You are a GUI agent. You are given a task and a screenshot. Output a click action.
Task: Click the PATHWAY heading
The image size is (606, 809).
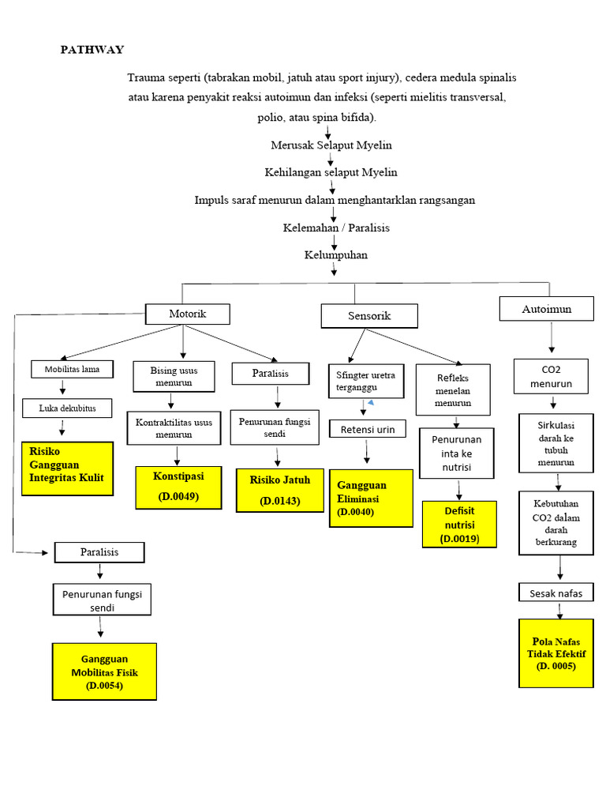(92, 50)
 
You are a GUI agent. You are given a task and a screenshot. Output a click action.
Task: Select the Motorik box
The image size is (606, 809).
(187, 314)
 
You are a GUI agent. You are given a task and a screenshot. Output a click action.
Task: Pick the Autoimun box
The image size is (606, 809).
(546, 309)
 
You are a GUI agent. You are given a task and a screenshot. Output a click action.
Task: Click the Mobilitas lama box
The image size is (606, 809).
(71, 369)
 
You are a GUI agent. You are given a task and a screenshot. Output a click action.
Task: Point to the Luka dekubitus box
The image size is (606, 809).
(66, 408)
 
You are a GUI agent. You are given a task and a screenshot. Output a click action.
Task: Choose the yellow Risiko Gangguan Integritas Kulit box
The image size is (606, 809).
(67, 468)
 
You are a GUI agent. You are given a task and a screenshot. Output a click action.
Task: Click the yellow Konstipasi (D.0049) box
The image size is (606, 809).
(177, 487)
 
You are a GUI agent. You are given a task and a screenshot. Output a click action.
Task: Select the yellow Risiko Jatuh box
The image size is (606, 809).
(280, 490)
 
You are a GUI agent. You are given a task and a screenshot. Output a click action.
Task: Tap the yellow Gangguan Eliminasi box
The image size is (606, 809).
(369, 498)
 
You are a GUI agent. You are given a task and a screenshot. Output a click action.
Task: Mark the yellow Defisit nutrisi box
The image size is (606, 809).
(458, 524)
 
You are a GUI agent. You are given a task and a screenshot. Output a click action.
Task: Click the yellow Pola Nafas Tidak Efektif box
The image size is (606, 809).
(556, 653)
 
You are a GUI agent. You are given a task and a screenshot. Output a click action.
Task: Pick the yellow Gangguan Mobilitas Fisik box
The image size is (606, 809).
(104, 672)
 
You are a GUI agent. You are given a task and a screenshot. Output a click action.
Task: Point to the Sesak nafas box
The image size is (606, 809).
(555, 592)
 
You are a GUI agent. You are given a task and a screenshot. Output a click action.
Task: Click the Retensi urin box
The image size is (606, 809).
(367, 430)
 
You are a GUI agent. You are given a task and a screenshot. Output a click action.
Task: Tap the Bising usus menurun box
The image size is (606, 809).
(174, 377)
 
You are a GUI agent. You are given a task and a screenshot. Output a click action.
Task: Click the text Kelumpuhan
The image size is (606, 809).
(335, 255)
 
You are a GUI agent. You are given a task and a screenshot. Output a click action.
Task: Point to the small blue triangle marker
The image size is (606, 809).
(370, 404)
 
